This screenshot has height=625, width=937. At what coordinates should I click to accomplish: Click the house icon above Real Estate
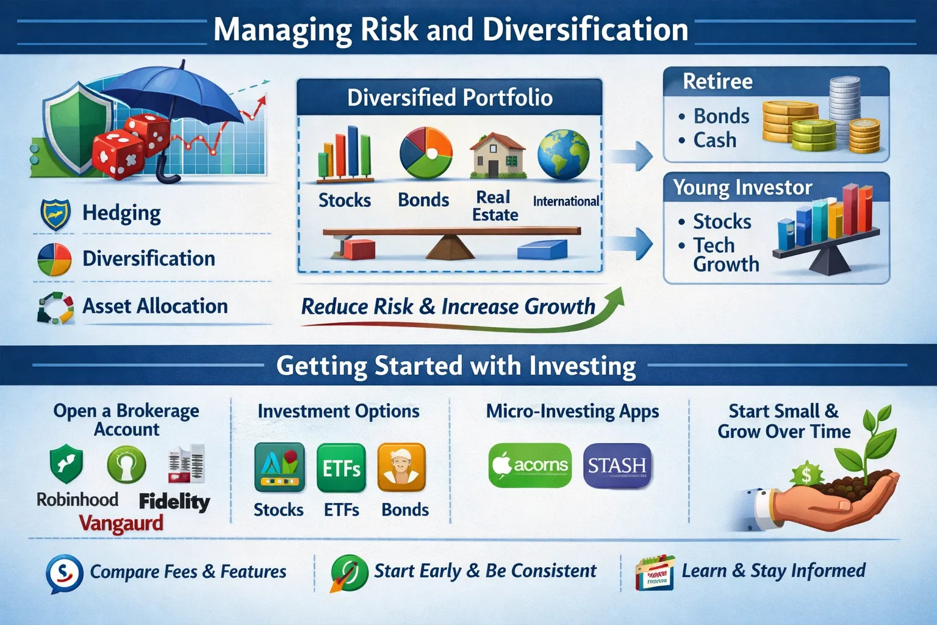(x=497, y=155)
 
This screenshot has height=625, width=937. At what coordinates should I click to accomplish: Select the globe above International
(x=564, y=154)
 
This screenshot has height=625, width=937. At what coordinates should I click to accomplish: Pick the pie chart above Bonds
(x=426, y=153)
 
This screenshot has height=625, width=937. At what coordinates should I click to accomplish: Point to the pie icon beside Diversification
(x=54, y=259)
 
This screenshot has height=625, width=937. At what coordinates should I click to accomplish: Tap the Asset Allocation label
(x=155, y=306)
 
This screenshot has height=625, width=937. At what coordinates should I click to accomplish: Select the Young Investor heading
(x=742, y=187)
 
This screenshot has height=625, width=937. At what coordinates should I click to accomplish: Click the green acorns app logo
(x=530, y=466)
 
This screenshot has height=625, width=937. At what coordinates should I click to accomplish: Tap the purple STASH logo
(x=617, y=466)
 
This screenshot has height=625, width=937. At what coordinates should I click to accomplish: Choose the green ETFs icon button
(x=342, y=468)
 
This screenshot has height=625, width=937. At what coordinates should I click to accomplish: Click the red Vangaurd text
(x=121, y=523)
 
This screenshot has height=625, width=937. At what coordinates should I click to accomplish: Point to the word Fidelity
(x=174, y=502)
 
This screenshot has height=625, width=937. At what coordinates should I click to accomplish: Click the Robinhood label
(x=77, y=499)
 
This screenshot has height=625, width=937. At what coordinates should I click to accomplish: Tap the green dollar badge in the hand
(x=806, y=475)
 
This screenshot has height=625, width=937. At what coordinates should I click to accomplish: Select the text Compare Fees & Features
(x=188, y=571)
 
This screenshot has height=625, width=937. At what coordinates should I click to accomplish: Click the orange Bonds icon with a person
(x=401, y=468)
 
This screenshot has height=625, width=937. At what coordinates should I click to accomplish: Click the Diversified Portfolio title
(x=450, y=98)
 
